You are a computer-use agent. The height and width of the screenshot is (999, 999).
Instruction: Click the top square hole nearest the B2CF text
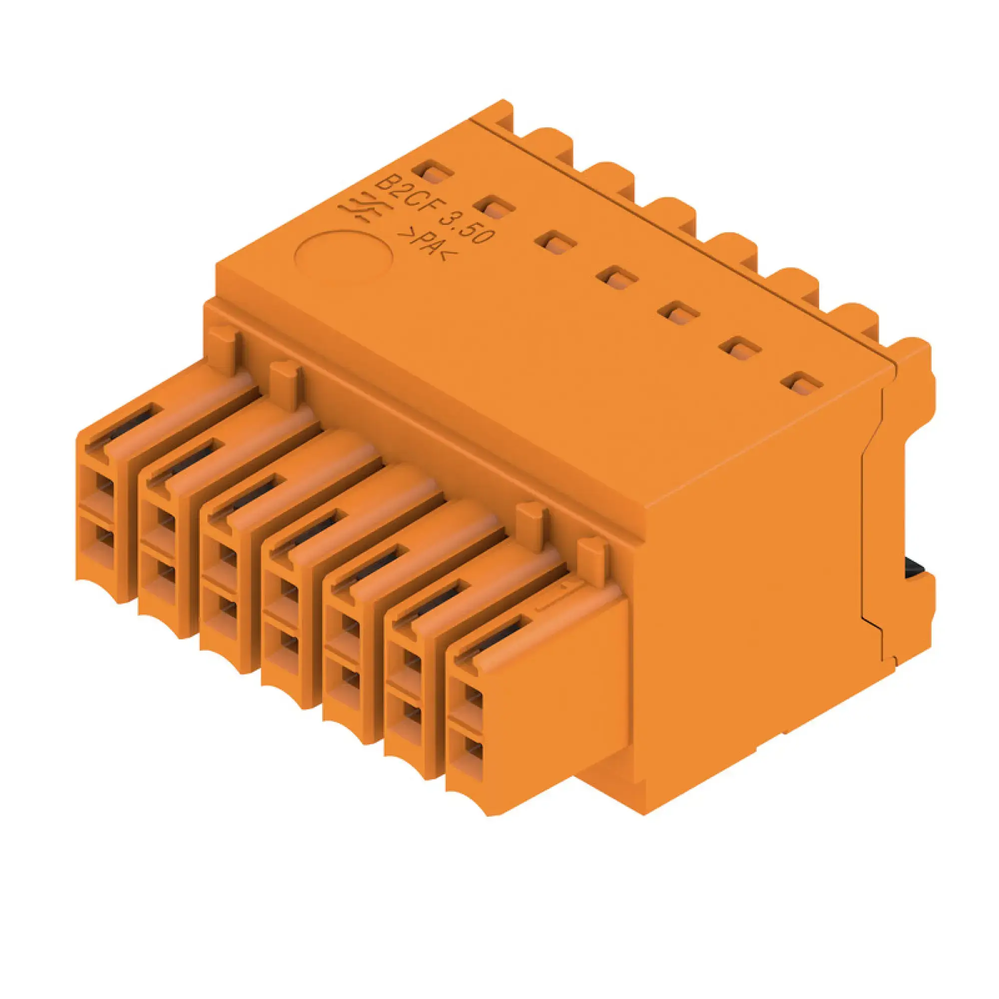pos(433,174)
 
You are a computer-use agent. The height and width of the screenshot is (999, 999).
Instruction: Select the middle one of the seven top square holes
pos(616,279)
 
